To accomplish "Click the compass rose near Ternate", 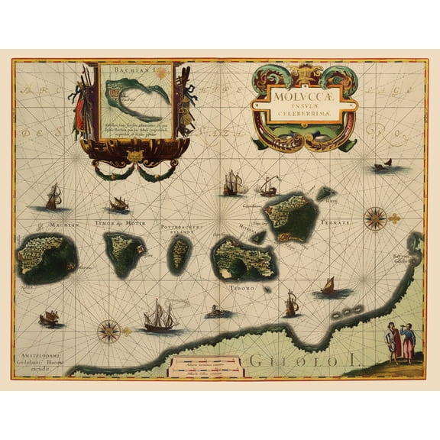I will click(x=376, y=218).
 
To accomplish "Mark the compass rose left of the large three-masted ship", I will click(x=109, y=331).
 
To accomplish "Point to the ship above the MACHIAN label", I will click(x=53, y=198).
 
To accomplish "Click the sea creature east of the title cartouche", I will click(x=382, y=165).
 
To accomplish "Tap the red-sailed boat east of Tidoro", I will click(x=330, y=286).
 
